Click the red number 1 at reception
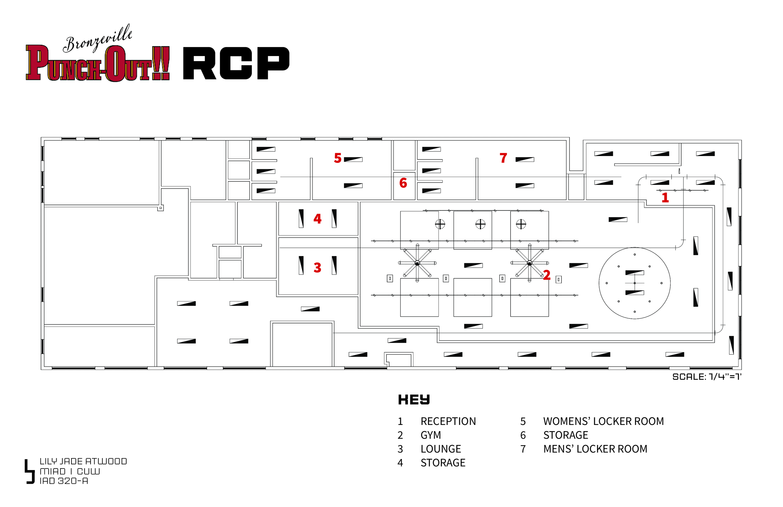[x=665, y=198]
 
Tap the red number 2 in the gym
[x=547, y=275]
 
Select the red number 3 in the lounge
[x=317, y=268]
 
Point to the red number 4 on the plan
[x=317, y=219]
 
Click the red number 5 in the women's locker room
[x=338, y=158]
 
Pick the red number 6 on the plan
[x=403, y=183]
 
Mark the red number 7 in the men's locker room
[x=503, y=158]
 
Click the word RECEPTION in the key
[x=448, y=421]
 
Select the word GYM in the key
[x=431, y=435]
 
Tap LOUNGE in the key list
[x=441, y=449]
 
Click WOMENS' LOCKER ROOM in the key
[x=603, y=421]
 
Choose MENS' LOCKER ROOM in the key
[x=595, y=449]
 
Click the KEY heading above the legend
[x=414, y=400]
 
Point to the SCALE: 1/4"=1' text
[x=707, y=377]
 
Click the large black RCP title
[x=236, y=63]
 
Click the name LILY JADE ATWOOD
[x=83, y=462]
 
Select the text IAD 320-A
[x=64, y=481]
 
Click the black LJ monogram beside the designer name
[x=30, y=472]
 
